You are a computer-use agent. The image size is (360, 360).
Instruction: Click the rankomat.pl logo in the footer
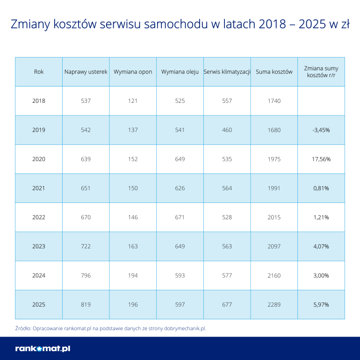point(43,348)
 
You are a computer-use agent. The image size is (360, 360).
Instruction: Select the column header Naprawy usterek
point(86,72)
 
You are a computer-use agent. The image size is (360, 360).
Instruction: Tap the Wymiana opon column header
point(133,72)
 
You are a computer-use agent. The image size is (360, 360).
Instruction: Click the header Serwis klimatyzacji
point(227,72)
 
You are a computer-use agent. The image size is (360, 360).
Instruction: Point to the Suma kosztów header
point(274,72)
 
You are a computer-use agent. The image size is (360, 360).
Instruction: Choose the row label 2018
point(39,101)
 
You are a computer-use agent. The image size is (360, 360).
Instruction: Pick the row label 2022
point(39,217)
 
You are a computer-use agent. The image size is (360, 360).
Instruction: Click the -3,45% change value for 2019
point(321,130)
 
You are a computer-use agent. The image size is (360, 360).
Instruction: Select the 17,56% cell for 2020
point(321,159)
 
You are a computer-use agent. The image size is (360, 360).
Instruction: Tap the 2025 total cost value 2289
point(274,305)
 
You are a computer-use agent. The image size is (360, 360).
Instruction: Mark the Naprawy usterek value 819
point(86,305)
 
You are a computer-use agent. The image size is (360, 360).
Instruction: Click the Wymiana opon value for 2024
point(133,275)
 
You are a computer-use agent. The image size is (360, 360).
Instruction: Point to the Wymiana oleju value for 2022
point(180,217)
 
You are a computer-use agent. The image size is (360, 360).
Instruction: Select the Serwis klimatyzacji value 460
point(227,130)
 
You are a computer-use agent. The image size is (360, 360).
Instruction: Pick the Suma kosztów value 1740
point(274,101)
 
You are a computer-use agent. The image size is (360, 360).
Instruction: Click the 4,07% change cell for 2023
point(321,246)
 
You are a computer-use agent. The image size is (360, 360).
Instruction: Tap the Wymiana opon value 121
point(133,101)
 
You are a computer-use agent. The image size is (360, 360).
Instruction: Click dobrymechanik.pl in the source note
point(183,328)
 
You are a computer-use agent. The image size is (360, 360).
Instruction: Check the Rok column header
point(39,72)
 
